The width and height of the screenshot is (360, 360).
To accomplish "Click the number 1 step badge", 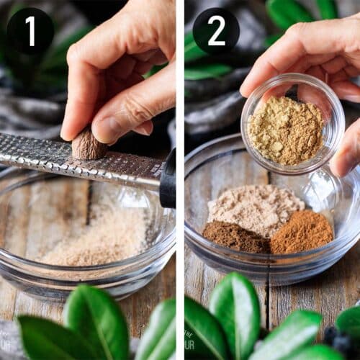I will (x=30, y=31).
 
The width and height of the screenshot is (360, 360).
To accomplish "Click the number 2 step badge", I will (x=216, y=31).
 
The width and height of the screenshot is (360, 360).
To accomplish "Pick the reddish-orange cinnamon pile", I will (x=302, y=232).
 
